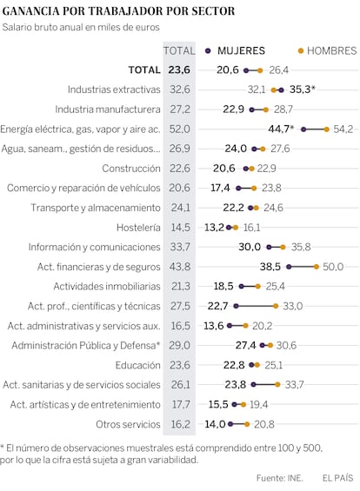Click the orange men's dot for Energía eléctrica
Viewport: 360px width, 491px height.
click(326, 129)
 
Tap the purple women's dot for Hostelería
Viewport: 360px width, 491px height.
click(229, 228)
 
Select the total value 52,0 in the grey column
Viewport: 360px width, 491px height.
click(179, 129)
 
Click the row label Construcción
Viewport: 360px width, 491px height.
click(131, 169)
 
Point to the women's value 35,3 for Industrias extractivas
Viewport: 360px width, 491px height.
click(300, 90)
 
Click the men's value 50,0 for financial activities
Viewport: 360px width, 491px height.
click(333, 267)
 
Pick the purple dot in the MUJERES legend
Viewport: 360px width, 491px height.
click(208, 50)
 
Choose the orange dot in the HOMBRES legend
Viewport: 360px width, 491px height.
click(301, 50)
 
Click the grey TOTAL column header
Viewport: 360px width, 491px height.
click(179, 50)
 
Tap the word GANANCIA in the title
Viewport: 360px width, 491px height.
click(30, 11)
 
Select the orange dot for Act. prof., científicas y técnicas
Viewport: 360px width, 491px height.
click(276, 306)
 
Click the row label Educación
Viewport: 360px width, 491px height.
click(137, 365)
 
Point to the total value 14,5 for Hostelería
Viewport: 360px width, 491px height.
click(180, 228)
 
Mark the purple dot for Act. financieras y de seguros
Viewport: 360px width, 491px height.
click(289, 267)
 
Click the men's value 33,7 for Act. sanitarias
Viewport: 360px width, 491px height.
click(294, 385)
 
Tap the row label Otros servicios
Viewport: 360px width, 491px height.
click(128, 424)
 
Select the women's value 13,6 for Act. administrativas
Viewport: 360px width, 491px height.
click(214, 326)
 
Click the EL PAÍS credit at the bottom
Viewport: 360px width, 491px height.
click(337, 478)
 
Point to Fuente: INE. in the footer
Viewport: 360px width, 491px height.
click(279, 478)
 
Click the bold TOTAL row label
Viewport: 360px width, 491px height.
click(144, 70)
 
